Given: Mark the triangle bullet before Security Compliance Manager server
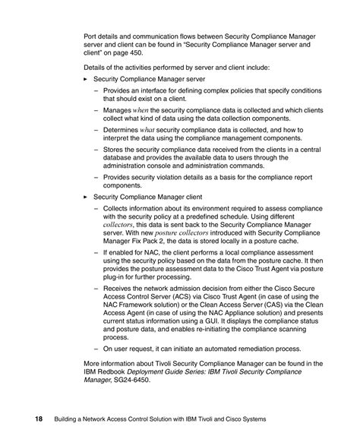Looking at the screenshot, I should pyautogui.click(x=86, y=79).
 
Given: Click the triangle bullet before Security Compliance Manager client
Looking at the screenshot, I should pyautogui.click(x=86, y=196).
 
